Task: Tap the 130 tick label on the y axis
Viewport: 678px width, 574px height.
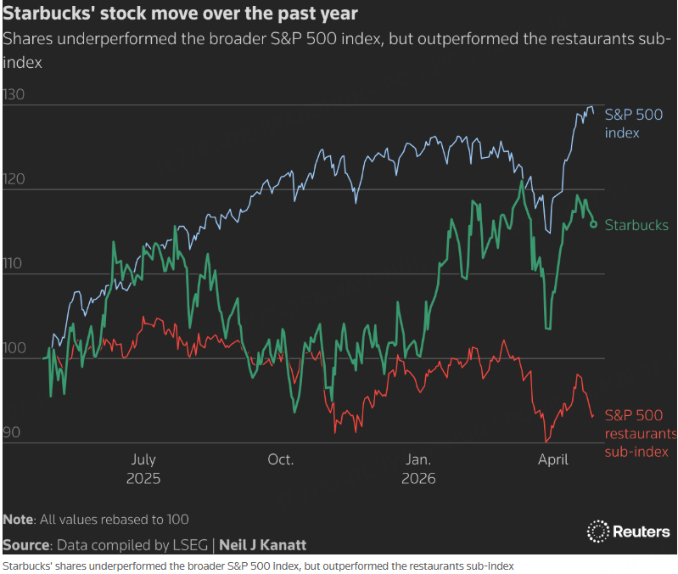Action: coord(14,95)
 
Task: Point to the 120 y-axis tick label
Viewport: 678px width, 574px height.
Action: coord(14,179)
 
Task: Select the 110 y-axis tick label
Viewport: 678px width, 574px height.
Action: coord(14,263)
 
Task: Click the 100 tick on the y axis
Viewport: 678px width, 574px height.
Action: coord(14,348)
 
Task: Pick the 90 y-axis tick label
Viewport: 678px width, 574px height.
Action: coord(12,432)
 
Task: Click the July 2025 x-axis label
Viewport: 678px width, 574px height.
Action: coord(143,469)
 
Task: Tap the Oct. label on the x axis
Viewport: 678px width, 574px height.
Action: coord(281,459)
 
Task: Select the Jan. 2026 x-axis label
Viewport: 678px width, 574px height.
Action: coord(418,469)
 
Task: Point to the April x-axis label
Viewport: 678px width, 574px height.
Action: coord(554,459)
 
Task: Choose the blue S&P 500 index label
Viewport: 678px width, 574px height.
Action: coord(633,124)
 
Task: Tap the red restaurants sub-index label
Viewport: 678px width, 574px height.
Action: coord(636,433)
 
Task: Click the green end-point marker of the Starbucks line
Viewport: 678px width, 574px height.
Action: coord(593,224)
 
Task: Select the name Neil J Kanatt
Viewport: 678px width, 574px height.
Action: coord(263,544)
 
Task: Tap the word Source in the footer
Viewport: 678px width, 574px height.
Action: coord(25,544)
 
